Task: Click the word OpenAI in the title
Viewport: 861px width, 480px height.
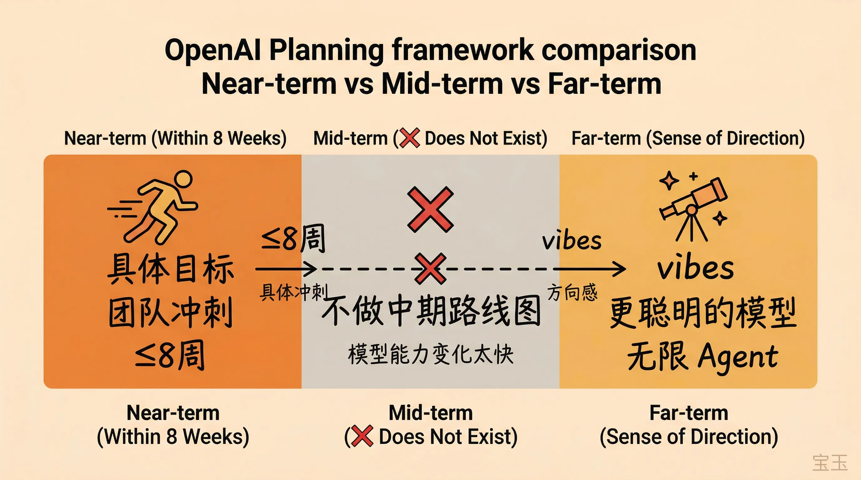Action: tap(212, 50)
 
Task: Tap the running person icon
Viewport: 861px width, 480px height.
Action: tap(157, 207)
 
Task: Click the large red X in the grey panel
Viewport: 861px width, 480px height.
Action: tap(430, 210)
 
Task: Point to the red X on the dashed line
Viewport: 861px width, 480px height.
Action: tap(430, 268)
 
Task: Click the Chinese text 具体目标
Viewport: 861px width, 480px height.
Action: tap(171, 269)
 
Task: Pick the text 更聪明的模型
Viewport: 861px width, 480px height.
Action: tap(703, 313)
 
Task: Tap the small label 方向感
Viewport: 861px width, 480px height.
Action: tap(572, 292)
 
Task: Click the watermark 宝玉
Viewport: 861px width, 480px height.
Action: tap(830, 462)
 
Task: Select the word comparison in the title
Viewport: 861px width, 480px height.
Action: tap(618, 50)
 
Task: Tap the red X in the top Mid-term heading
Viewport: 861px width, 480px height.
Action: tap(410, 138)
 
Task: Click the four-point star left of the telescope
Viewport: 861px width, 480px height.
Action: tap(669, 181)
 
